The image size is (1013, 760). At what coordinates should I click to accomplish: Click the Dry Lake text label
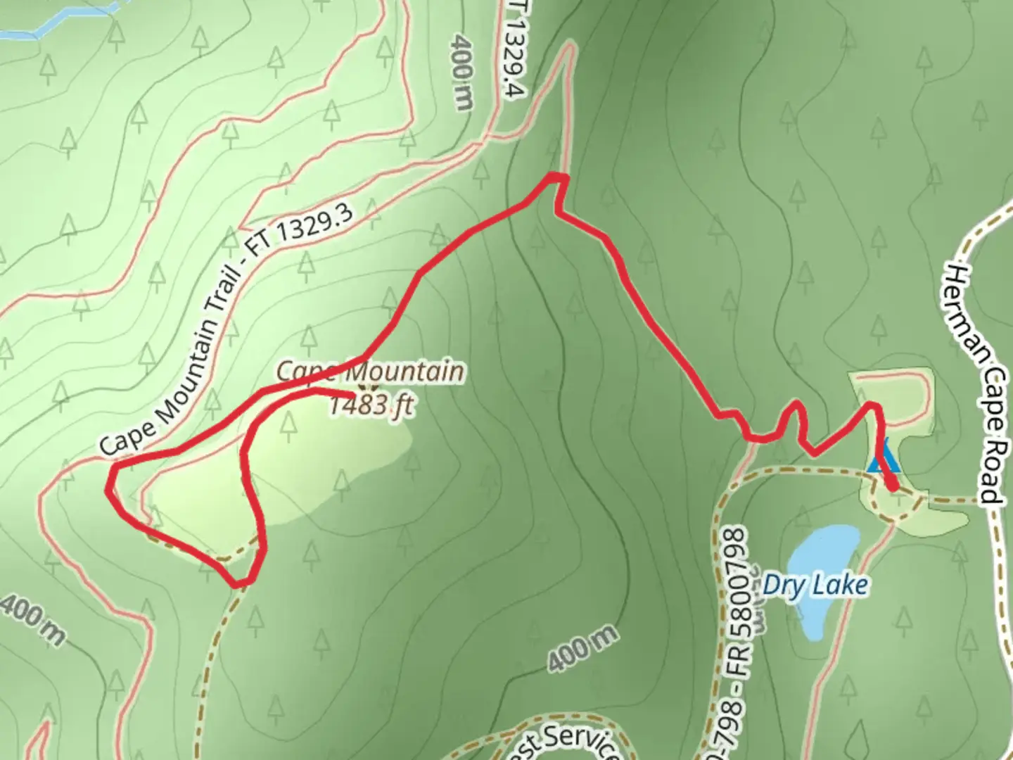(x=815, y=585)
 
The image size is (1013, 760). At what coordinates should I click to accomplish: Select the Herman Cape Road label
(x=974, y=384)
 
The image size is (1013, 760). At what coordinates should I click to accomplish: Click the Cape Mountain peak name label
(x=371, y=371)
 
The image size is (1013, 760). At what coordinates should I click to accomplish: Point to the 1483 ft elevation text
(x=371, y=406)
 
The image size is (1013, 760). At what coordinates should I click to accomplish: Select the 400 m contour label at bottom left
(x=32, y=619)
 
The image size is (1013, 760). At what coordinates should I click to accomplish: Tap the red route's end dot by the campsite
(x=892, y=485)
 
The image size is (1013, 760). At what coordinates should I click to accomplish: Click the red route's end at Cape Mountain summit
(x=352, y=392)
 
